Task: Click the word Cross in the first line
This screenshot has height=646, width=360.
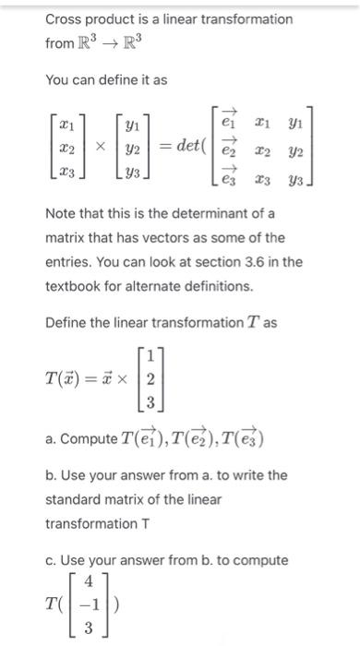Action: click(x=66, y=19)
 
